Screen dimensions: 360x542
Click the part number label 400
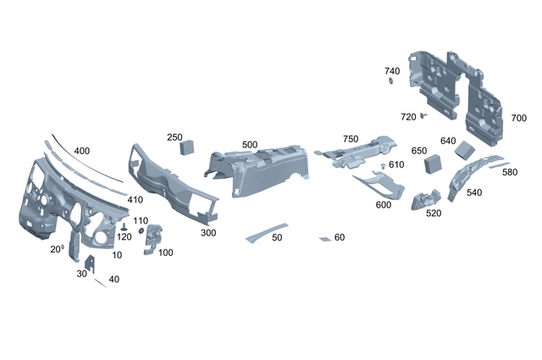click(x=82, y=151)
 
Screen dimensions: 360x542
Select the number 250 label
click(x=174, y=137)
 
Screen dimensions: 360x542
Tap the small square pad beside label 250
click(x=188, y=147)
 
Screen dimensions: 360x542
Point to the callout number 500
click(x=250, y=145)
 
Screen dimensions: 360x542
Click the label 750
click(x=351, y=138)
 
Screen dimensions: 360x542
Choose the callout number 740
click(x=392, y=71)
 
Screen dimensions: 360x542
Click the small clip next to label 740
click(x=392, y=82)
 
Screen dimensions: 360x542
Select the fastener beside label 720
click(x=424, y=116)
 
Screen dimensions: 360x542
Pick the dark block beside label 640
click(x=466, y=150)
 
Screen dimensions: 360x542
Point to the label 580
click(x=510, y=172)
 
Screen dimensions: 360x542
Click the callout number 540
click(x=474, y=192)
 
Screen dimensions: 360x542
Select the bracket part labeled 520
click(x=423, y=200)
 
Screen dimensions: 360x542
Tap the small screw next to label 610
click(x=383, y=164)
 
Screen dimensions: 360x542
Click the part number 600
click(x=383, y=205)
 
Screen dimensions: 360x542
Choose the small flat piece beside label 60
click(x=324, y=239)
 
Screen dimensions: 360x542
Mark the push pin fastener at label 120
click(x=124, y=229)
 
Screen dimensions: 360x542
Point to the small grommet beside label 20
click(x=64, y=246)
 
